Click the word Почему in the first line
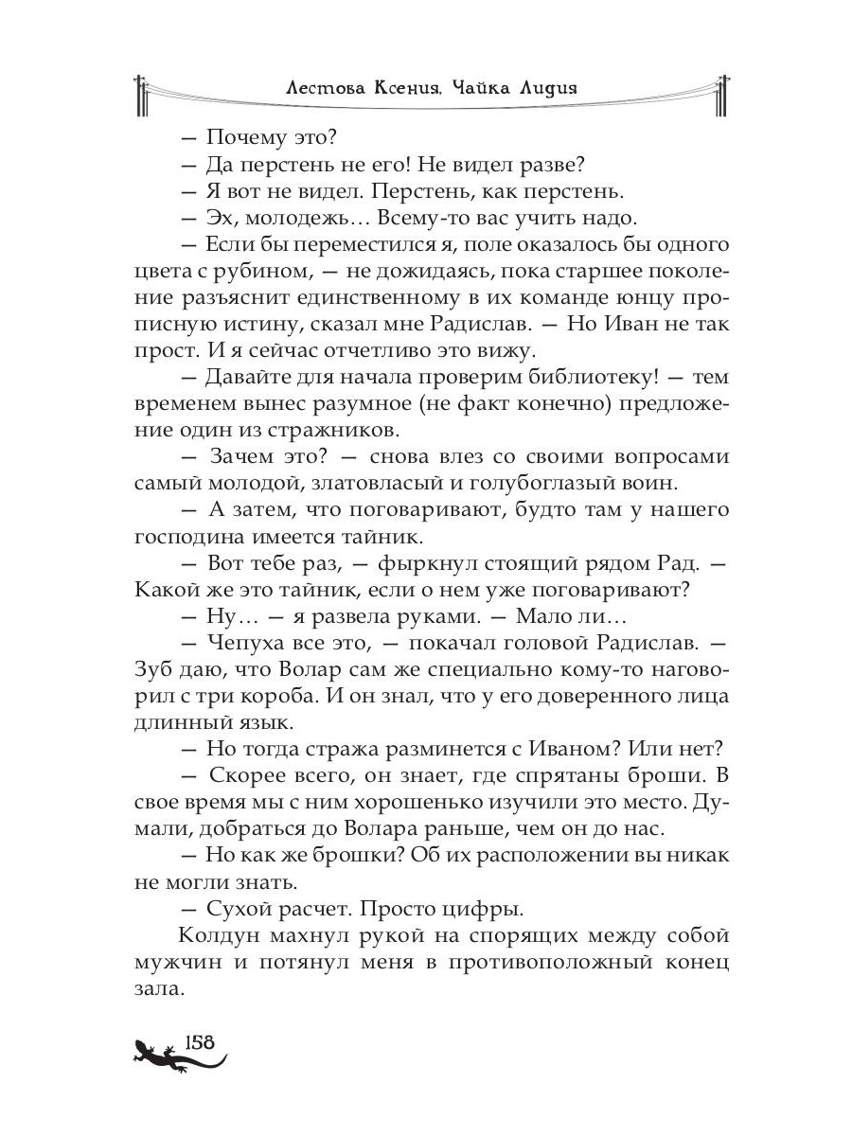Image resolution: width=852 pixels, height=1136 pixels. point(249,137)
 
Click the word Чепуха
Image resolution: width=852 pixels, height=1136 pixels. point(256,642)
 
